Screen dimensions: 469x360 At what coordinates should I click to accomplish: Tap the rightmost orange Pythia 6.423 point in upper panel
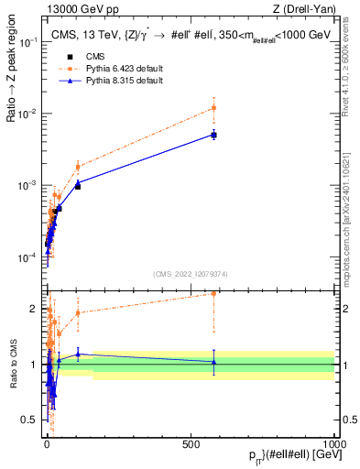click(x=213, y=107)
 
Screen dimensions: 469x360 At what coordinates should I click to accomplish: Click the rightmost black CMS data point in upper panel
click(x=213, y=135)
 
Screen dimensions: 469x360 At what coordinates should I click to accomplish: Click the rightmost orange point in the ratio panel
click(x=213, y=293)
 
